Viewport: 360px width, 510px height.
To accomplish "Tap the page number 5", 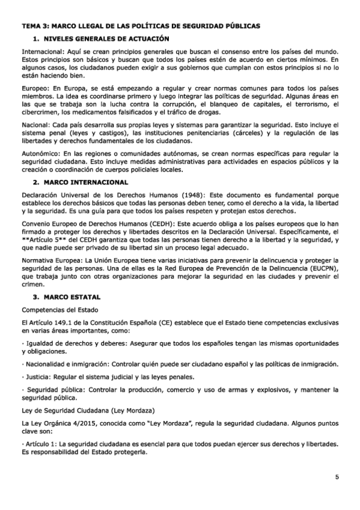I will [337, 477].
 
